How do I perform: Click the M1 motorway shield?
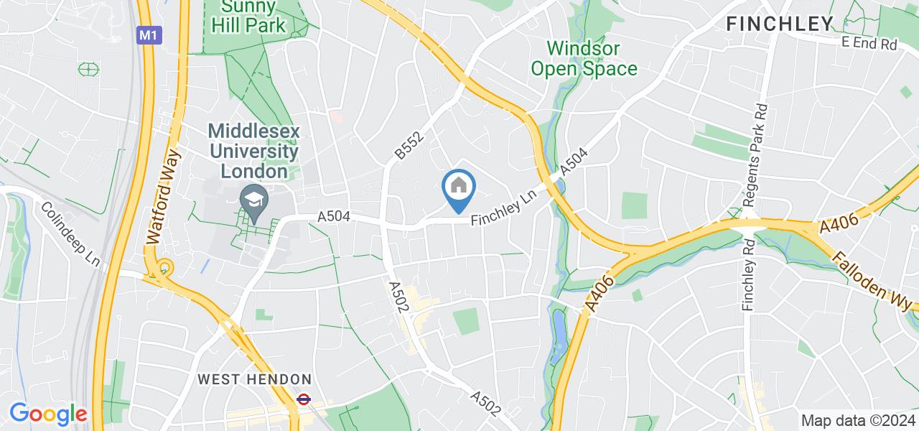[147, 34]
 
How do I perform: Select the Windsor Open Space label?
[592, 59]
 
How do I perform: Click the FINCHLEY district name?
[780, 24]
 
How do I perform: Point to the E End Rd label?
[869, 45]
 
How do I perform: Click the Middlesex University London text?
[253, 152]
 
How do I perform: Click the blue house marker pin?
[459, 189]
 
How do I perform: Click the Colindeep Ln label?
[70, 235]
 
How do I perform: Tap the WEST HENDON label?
[255, 379]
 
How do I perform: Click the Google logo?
[48, 414]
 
